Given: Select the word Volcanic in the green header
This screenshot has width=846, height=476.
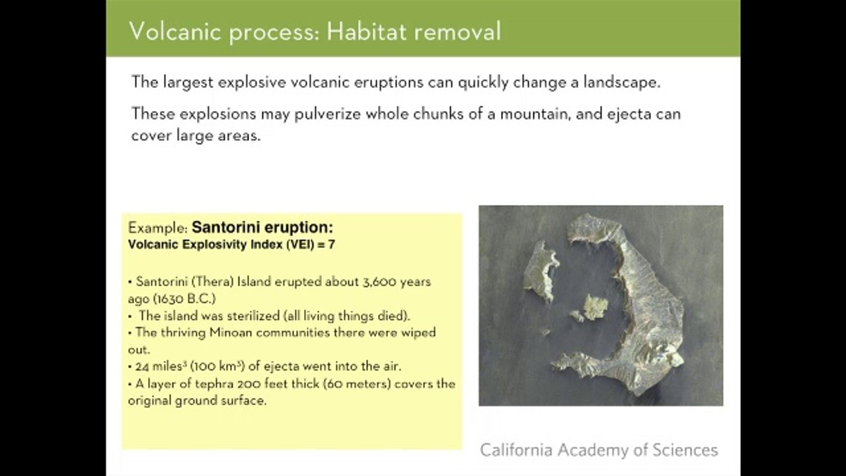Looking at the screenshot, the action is (x=175, y=31).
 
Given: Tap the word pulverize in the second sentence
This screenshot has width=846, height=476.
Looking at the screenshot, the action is (x=327, y=114).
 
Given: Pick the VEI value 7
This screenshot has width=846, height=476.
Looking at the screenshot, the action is (x=332, y=245).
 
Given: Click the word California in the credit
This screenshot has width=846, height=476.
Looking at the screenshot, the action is (x=517, y=450).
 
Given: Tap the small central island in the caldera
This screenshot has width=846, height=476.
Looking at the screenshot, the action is (x=596, y=307).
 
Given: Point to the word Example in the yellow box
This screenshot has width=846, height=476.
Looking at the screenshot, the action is (x=157, y=228).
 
